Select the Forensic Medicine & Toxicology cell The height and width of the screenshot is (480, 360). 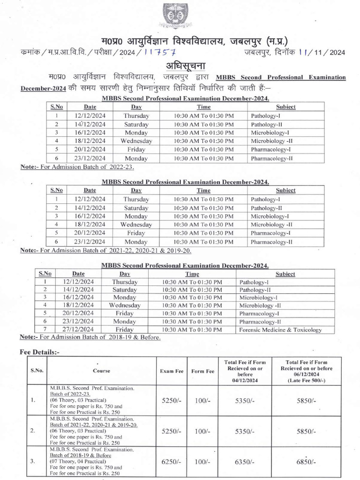[x=280, y=330]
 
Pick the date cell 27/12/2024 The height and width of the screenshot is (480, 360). [x=78, y=330]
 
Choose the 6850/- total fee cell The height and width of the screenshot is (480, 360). [x=306, y=461]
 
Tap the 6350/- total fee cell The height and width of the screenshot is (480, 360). [x=244, y=461]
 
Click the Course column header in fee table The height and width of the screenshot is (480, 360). [x=101, y=371]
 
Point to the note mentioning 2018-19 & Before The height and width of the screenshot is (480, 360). [x=90, y=337]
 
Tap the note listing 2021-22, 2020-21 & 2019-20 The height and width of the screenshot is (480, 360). [x=105, y=250]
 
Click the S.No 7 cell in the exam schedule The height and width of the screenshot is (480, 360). [x=45, y=330]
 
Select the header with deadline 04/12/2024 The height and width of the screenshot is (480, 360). [x=244, y=371]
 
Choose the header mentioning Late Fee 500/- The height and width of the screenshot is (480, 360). [x=306, y=371]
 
